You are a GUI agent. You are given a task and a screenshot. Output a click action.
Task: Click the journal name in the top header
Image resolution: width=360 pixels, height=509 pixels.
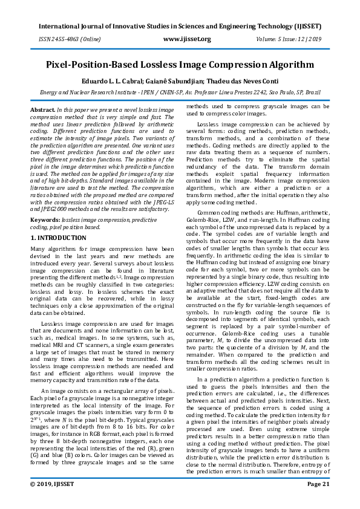tap(180, 27)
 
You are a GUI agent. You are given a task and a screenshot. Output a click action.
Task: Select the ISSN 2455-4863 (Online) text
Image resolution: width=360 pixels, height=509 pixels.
tap(62, 39)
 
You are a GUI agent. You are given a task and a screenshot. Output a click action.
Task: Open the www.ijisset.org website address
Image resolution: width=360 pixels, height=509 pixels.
tap(187, 39)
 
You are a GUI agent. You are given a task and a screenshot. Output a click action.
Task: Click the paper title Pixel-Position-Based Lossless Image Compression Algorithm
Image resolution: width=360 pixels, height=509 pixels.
tap(180, 64)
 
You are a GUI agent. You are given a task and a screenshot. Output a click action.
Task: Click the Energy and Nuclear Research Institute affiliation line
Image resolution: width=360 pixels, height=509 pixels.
tap(180, 92)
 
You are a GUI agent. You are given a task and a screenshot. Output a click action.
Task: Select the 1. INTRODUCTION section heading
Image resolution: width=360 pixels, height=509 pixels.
tap(58, 238)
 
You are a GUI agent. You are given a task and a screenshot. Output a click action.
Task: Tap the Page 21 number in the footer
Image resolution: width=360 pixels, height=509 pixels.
tap(318, 501)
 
